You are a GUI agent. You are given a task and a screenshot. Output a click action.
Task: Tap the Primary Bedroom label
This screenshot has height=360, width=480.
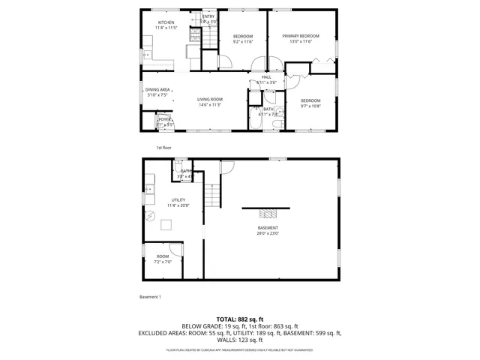pyautogui.click(x=300, y=36)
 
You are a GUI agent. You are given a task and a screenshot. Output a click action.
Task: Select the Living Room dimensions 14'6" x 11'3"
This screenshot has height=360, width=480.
pyautogui.click(x=210, y=105)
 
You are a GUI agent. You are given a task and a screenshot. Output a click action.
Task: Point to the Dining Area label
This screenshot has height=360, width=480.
pyautogui.click(x=157, y=89)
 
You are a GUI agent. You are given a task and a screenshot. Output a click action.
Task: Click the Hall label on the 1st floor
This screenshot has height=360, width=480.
pyautogui.click(x=266, y=77)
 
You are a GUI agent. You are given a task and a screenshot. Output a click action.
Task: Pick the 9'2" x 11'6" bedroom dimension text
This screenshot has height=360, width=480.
pyautogui.click(x=242, y=42)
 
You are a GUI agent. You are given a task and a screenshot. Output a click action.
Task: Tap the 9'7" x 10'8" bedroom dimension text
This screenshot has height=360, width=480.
pyautogui.click(x=310, y=106)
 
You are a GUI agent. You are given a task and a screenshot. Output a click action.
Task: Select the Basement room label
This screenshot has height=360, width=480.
pyautogui.click(x=268, y=228)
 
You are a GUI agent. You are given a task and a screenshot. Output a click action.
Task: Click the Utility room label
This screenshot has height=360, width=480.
pyautogui.click(x=178, y=199)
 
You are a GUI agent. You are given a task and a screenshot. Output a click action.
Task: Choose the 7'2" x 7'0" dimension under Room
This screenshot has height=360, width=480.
pyautogui.click(x=163, y=262)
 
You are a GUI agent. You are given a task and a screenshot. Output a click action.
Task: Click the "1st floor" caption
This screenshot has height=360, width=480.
pyautogui.click(x=164, y=148)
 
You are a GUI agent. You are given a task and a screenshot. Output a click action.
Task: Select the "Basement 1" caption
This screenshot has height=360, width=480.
pyautogui.click(x=150, y=297)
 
